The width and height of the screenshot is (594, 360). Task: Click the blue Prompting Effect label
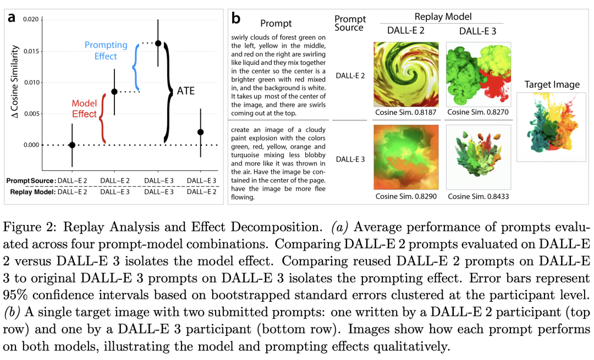click(x=106, y=50)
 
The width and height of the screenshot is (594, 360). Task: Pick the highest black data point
click(x=158, y=43)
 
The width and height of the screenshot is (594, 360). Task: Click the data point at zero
click(x=72, y=145)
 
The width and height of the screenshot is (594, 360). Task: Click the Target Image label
click(x=552, y=84)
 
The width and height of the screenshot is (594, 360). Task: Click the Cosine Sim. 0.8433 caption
click(x=477, y=196)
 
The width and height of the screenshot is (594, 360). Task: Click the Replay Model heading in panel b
click(x=443, y=16)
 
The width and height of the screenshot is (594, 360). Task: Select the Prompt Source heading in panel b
click(x=350, y=24)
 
